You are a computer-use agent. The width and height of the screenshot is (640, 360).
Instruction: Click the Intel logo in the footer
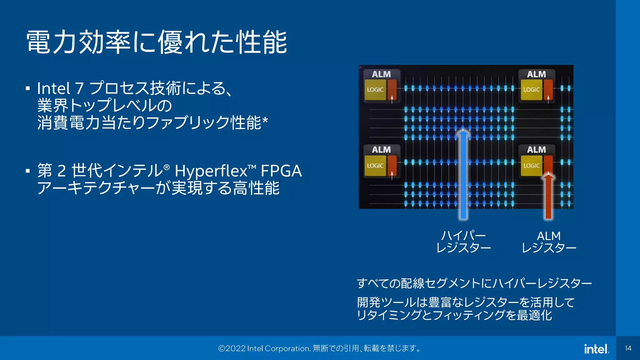[596, 349]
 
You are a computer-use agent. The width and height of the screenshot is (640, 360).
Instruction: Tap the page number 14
[628, 348]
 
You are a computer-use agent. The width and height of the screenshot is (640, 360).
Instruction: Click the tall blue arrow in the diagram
[463, 175]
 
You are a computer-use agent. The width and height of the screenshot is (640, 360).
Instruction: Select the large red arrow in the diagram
[548, 197]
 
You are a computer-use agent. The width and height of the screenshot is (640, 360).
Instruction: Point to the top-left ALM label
[381, 74]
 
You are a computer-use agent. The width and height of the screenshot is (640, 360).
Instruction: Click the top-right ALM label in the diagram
[536, 74]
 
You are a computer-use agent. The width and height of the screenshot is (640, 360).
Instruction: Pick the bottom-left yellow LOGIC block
[375, 166]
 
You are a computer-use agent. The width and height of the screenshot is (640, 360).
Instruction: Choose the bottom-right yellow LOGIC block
[531, 166]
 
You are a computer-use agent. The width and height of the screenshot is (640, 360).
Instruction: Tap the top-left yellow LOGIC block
[375, 90]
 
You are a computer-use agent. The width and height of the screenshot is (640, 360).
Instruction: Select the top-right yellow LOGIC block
[531, 90]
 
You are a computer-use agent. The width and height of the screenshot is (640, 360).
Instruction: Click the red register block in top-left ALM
[392, 90]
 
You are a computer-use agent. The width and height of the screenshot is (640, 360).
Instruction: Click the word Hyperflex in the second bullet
[211, 171]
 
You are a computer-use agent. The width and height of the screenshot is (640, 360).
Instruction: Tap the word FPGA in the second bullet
[281, 171]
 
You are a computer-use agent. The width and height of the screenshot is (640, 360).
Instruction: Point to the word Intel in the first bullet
[53, 88]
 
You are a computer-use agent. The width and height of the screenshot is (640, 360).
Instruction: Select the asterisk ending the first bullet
[265, 120]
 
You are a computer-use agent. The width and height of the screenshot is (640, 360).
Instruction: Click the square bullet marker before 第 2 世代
[28, 171]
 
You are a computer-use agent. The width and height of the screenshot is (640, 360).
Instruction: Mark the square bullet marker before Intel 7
[28, 88]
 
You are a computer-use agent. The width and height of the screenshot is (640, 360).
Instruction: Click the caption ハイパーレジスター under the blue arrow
[463, 242]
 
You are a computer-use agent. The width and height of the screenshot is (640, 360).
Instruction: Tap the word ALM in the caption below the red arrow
[549, 236]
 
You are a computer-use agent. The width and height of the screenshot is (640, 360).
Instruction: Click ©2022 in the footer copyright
[232, 348]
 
